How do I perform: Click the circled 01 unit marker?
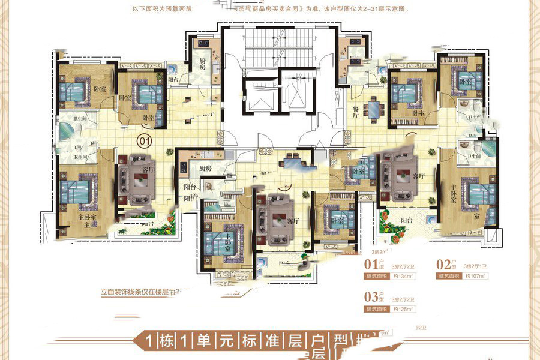pyautogui.click(x=145, y=140)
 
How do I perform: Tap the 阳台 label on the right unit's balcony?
pyautogui.click(x=408, y=220)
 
